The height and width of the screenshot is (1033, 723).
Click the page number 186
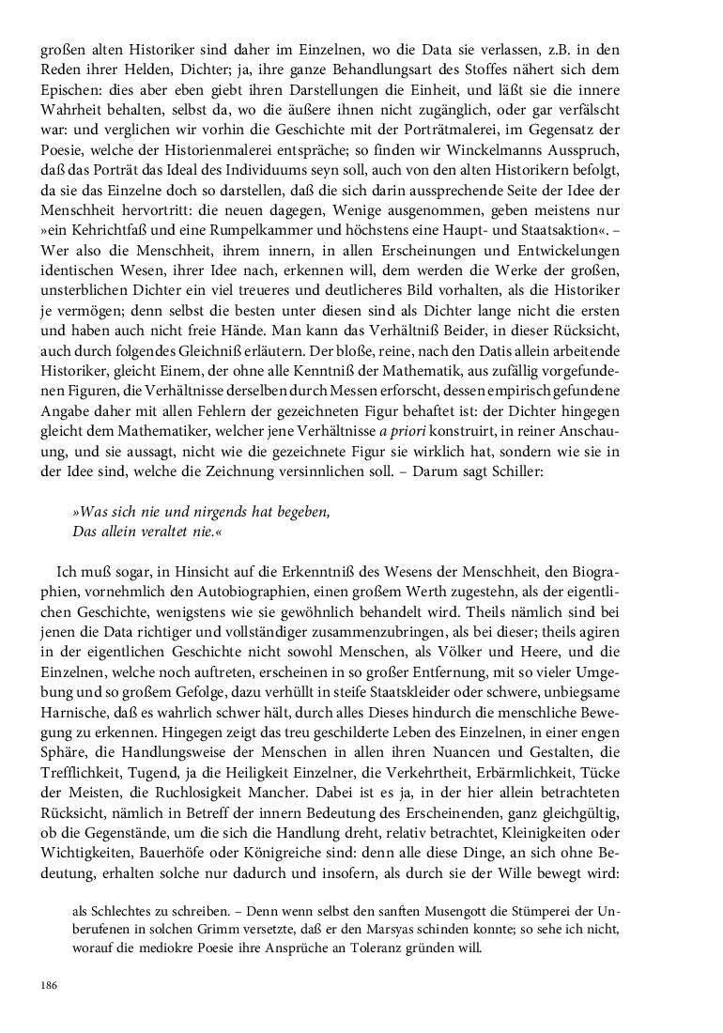(x=49, y=985)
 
